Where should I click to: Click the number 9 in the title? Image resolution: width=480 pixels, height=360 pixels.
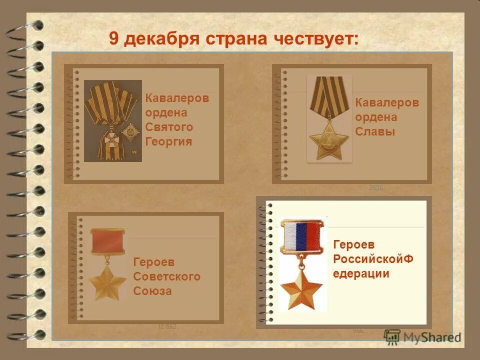(x=114, y=38)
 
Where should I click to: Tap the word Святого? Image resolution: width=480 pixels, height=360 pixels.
(x=169, y=127)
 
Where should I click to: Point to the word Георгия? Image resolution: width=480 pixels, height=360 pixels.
(x=168, y=141)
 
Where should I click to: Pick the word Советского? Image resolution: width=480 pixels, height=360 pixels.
(x=167, y=276)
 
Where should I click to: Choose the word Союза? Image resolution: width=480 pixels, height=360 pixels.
(x=152, y=291)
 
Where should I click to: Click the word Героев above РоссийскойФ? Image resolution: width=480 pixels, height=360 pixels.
(x=353, y=245)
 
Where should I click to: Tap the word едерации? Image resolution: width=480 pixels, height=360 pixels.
(x=361, y=273)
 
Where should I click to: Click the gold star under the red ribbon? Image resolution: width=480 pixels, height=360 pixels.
(x=107, y=283)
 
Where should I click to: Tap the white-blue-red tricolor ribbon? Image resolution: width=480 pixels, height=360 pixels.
(x=301, y=236)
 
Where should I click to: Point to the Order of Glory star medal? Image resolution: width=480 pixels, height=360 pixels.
(x=329, y=139)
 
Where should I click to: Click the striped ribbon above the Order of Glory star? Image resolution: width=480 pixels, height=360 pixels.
(x=328, y=95)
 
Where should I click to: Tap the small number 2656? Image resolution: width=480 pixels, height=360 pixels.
(x=376, y=187)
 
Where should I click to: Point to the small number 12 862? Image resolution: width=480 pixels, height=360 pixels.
(x=167, y=327)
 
